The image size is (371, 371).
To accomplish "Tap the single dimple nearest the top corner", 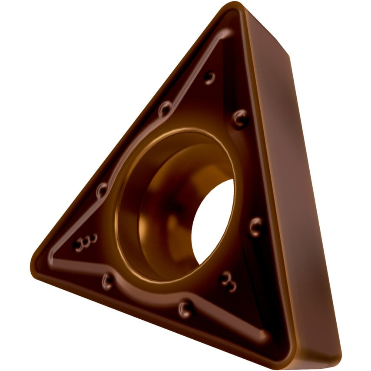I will (x=209, y=78).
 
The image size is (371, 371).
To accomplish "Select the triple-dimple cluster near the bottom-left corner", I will (x=85, y=242).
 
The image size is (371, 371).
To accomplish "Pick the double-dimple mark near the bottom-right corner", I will (x=228, y=281).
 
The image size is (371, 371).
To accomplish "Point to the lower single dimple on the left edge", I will (x=102, y=189).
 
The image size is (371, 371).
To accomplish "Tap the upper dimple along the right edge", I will (x=240, y=118).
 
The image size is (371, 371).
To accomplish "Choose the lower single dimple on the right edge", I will (x=255, y=227).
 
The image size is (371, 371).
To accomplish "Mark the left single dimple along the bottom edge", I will (x=107, y=281).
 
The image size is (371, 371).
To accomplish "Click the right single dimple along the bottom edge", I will (x=185, y=309).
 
